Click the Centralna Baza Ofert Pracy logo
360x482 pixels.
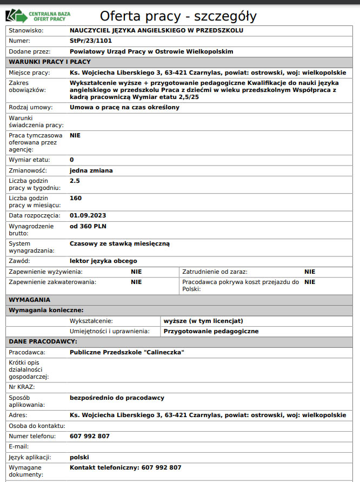point(40,15)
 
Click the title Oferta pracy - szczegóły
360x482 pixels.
point(178,16)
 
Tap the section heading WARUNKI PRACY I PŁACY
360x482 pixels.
point(50,62)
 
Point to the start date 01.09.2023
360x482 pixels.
point(88,215)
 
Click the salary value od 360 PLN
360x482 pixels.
point(88,226)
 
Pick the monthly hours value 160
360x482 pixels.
point(76,198)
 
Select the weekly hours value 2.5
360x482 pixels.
point(75,181)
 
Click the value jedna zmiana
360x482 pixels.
point(91,170)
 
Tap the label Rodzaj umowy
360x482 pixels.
point(30,107)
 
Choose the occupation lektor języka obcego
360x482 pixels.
point(103,261)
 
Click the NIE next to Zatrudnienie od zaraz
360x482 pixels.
point(309,272)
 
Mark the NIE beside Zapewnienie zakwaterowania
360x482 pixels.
point(136,282)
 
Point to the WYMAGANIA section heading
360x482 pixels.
point(29,299)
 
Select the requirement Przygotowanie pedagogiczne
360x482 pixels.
point(211,331)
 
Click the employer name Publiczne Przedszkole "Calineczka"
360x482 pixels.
point(127,352)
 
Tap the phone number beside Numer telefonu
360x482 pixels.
point(90,436)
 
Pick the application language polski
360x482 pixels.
point(79,457)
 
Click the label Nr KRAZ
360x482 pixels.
point(21,387)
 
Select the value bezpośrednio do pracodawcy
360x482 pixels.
point(117,398)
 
